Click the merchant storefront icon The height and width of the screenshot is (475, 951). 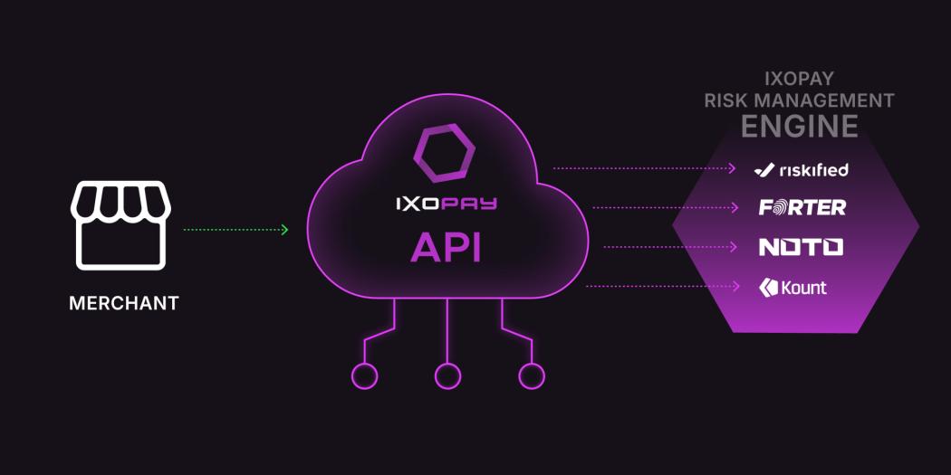pyautogui.click(x=120, y=226)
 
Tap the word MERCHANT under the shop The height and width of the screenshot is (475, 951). pyautogui.click(x=124, y=303)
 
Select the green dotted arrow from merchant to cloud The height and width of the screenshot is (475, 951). pyautogui.click(x=235, y=230)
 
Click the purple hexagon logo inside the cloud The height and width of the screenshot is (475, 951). pyautogui.click(x=443, y=151)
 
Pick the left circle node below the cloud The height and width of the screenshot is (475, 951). pyautogui.click(x=365, y=375)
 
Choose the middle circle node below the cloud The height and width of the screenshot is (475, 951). pyautogui.click(x=447, y=375)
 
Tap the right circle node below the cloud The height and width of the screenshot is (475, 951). pyautogui.click(x=531, y=375)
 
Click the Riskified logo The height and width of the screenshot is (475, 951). pyautogui.click(x=801, y=169)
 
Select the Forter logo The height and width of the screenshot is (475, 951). pyautogui.click(x=802, y=207)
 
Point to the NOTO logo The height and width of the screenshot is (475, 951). pyautogui.click(x=801, y=246)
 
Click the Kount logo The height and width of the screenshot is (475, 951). pyautogui.click(x=792, y=288)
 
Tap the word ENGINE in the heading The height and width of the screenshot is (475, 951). pyautogui.click(x=800, y=126)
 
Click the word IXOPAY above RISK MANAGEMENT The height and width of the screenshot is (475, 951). pyautogui.click(x=800, y=79)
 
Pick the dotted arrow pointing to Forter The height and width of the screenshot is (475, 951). pyautogui.click(x=666, y=207)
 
